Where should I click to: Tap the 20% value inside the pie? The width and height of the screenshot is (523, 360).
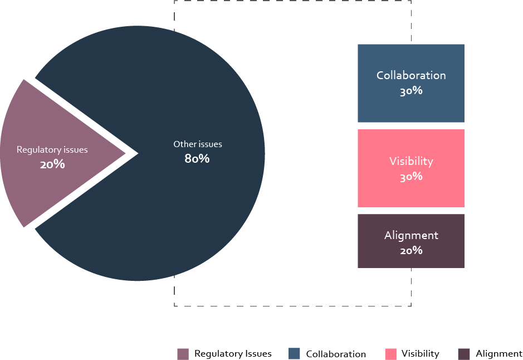(x=52, y=165)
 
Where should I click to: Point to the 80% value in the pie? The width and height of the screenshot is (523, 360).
(x=197, y=159)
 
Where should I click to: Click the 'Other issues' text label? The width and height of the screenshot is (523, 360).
(x=198, y=144)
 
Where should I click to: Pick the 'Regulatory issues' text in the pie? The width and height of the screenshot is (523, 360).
(x=52, y=150)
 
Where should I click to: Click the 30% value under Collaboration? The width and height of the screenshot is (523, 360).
(x=411, y=91)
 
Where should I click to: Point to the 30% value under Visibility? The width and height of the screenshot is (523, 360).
(x=411, y=177)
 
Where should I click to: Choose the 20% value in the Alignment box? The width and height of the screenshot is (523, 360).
(x=411, y=250)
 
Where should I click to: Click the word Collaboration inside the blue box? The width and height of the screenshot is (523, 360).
(x=411, y=75)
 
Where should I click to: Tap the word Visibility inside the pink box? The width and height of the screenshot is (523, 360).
(x=411, y=162)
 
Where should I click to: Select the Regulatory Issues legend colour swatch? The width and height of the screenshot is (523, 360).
(x=183, y=354)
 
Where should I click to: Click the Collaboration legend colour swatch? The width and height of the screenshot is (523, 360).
(x=295, y=354)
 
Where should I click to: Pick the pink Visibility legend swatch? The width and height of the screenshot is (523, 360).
(x=390, y=354)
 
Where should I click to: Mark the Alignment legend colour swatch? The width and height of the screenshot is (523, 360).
(x=464, y=354)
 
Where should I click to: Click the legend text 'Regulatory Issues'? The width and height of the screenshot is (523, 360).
(x=233, y=354)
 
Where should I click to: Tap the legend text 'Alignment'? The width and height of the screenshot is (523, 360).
(x=499, y=354)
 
